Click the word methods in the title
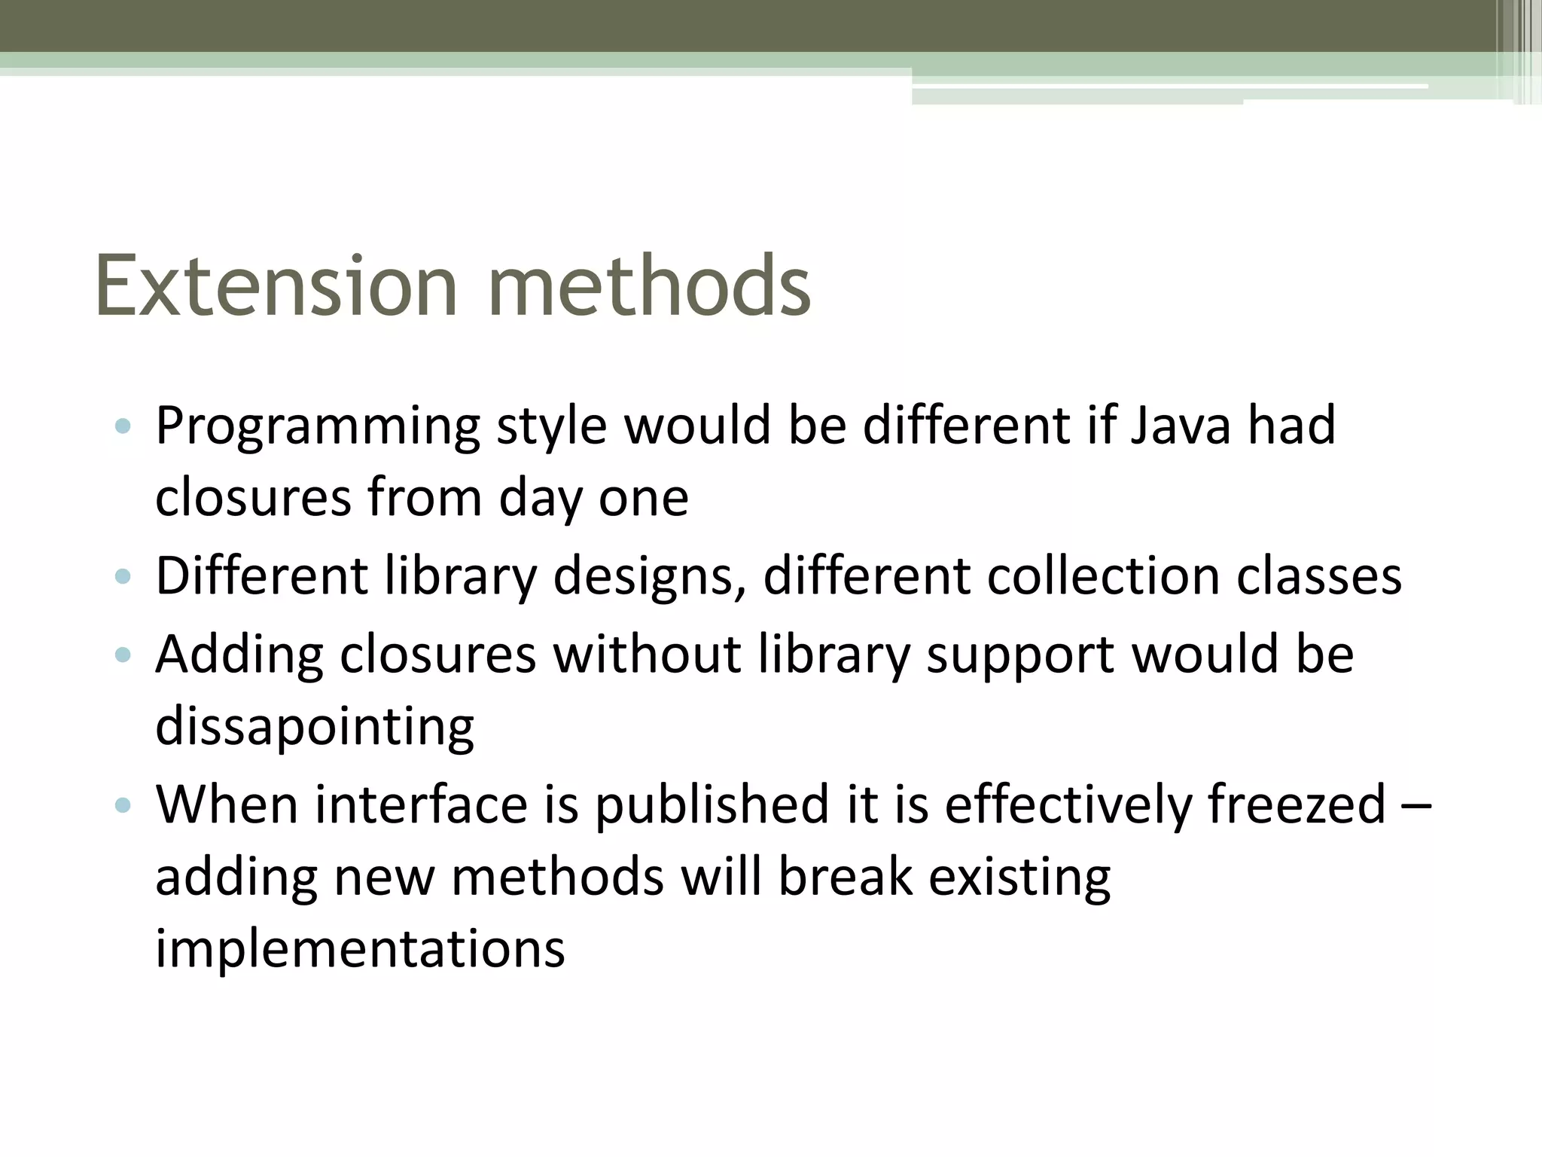(x=649, y=286)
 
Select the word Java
(x=1181, y=426)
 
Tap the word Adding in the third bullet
(x=239, y=655)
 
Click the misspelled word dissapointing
(x=315, y=728)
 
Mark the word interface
(x=421, y=804)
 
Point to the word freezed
(x=1297, y=804)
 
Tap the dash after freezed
(x=1418, y=805)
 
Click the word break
(x=845, y=877)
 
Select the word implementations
(x=360, y=949)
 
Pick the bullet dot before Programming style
(x=123, y=427)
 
